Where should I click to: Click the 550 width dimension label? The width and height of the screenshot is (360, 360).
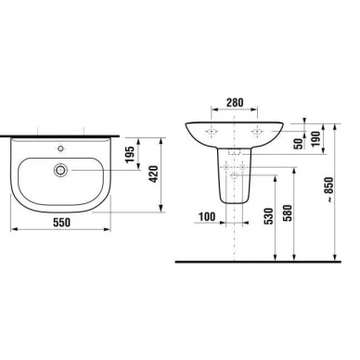point(61,222)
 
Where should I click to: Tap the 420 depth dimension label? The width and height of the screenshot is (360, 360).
point(154,174)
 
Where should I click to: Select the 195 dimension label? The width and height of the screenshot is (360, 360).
point(130,154)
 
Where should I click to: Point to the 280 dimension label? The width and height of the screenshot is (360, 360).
point(235,102)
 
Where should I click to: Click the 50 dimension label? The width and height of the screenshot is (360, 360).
point(299,144)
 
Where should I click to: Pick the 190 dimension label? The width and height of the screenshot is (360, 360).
point(315,139)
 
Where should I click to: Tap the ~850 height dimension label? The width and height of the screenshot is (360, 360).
point(330,189)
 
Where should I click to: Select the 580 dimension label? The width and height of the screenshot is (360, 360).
point(288,212)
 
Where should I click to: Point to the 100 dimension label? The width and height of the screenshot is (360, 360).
point(207,217)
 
